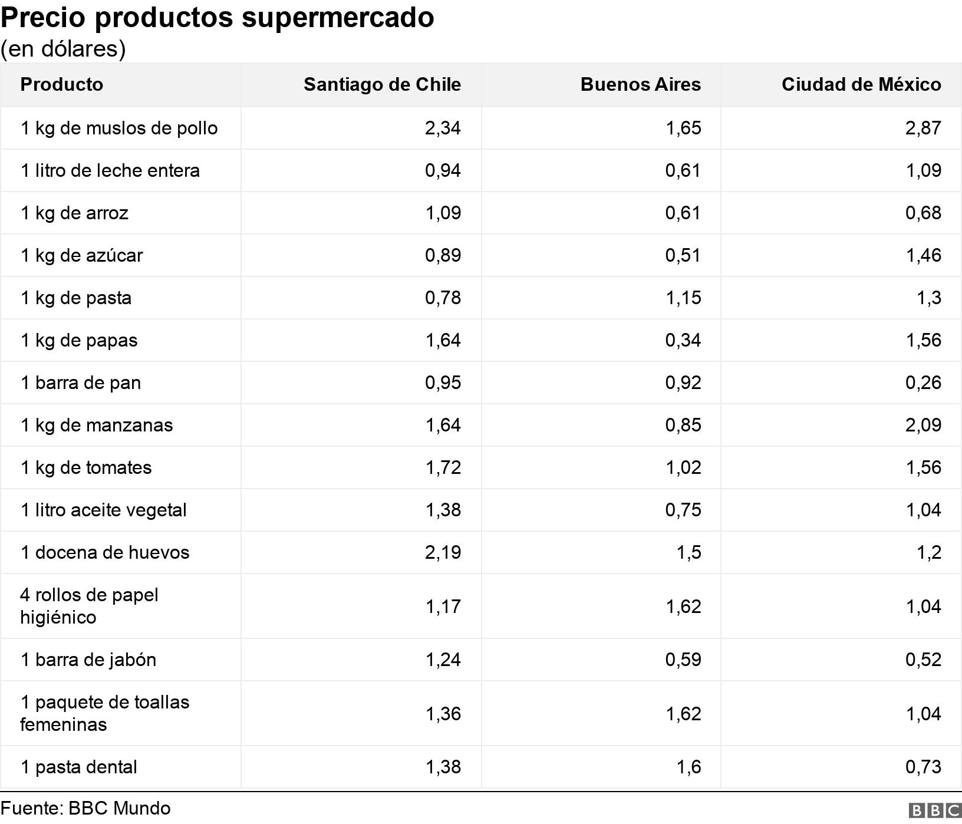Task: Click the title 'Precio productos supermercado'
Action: (217, 18)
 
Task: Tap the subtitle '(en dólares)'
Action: (63, 49)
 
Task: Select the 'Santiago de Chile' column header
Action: (382, 84)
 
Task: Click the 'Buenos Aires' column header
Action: (641, 84)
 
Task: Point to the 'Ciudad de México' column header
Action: (861, 84)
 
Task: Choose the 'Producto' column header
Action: (62, 84)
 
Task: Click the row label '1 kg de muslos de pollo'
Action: (119, 128)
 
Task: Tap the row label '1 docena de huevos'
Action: (105, 552)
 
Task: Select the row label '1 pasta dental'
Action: (79, 767)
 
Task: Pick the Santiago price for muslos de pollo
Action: (443, 128)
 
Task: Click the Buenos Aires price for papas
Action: (683, 340)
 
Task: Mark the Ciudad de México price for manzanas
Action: (923, 425)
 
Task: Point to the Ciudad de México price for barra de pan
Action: (923, 383)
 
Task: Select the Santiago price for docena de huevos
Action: (443, 552)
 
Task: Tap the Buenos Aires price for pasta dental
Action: (689, 767)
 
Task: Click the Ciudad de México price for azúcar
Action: (923, 255)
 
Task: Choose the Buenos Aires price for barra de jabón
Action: (683, 660)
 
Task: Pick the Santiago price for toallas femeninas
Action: (443, 714)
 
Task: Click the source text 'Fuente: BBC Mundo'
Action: (85, 808)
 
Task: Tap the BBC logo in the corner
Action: (934, 811)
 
